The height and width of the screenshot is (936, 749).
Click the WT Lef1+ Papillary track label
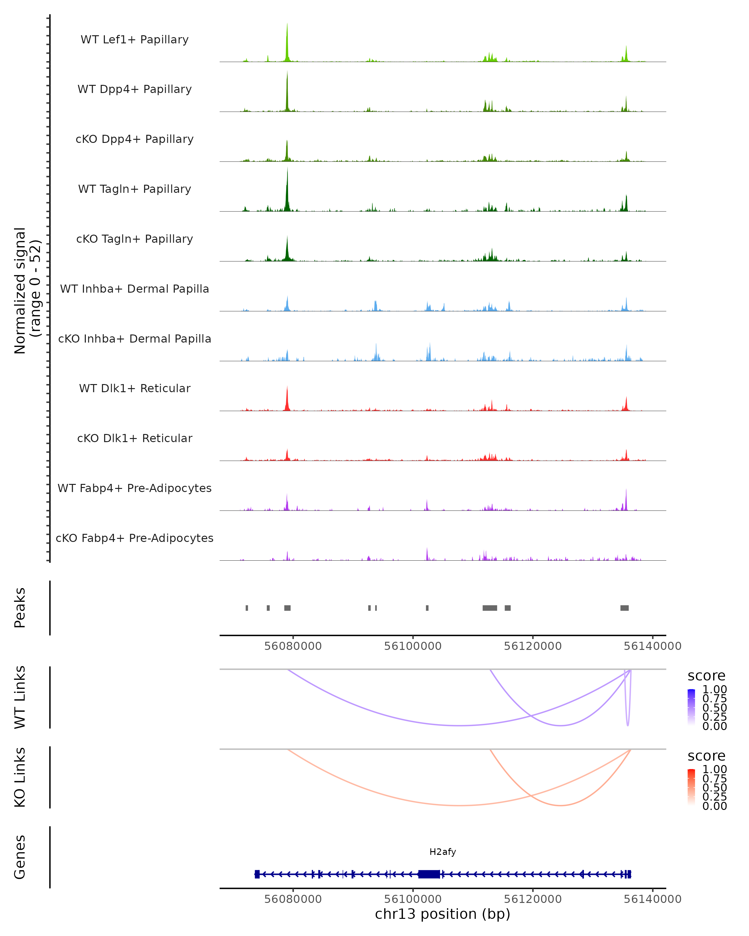135,40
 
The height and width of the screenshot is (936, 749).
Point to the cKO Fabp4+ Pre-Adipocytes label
135,538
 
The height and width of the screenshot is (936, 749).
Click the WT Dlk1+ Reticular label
135,388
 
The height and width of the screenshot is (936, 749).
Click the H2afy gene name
443,852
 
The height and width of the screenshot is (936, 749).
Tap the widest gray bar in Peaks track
490,608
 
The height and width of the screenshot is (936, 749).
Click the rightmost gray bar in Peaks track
624,608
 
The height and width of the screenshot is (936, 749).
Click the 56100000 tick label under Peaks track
413,646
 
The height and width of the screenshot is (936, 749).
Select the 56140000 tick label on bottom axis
652,899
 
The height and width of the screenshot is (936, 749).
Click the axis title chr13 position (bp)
443,914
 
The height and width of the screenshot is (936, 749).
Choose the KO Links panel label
20,777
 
